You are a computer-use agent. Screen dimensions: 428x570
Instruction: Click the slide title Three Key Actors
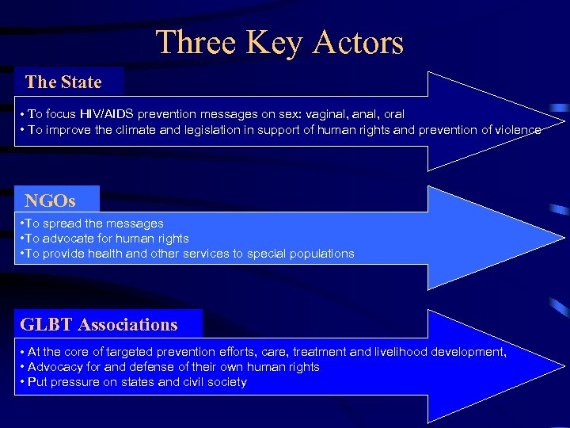tap(279, 43)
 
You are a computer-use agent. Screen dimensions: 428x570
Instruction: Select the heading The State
tap(63, 82)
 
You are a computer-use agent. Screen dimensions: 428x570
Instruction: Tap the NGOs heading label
tap(50, 201)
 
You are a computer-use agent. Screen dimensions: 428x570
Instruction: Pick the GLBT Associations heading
tap(99, 324)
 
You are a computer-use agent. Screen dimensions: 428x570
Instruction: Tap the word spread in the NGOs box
tap(63, 224)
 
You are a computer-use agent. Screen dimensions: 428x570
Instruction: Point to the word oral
tap(393, 114)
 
